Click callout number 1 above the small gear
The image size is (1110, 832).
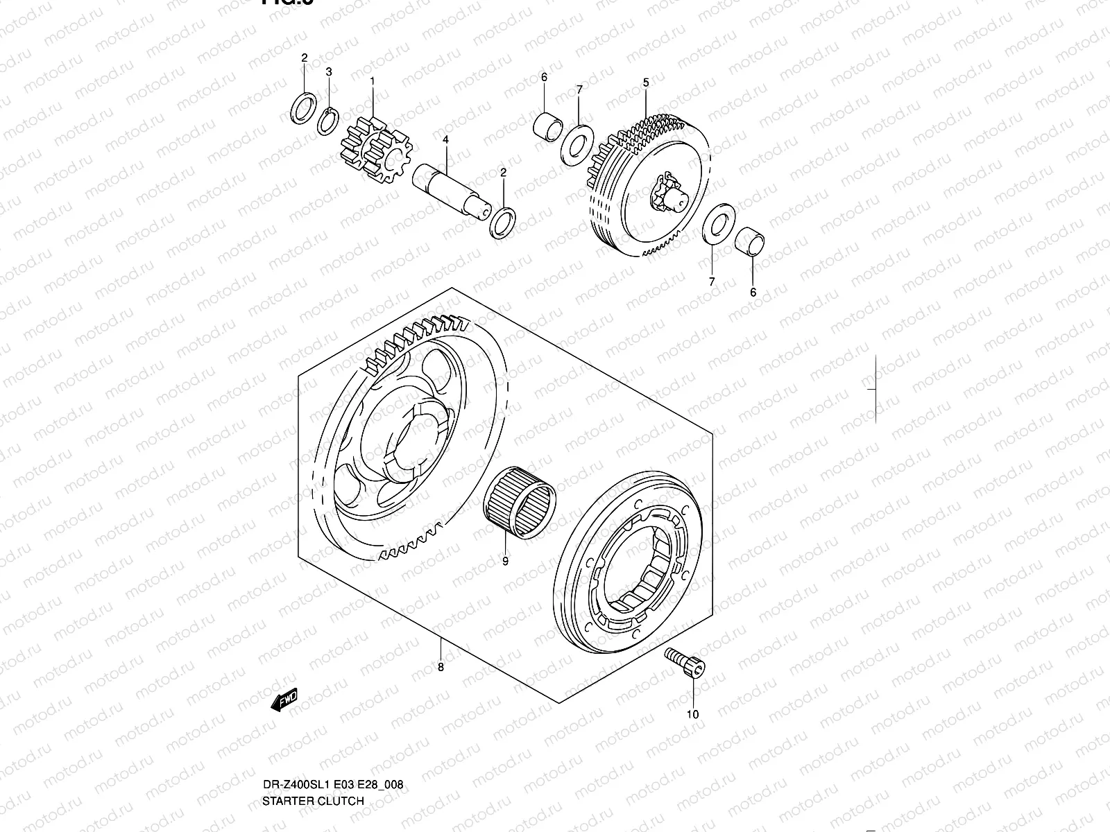click(x=372, y=81)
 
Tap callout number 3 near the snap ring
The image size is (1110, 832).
click(x=329, y=71)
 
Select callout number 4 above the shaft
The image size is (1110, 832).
click(x=445, y=139)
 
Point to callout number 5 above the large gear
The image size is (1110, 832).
click(x=645, y=82)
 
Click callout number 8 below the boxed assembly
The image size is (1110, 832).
click(x=441, y=667)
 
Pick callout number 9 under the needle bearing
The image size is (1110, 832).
click(x=505, y=562)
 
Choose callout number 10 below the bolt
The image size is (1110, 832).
click(x=692, y=714)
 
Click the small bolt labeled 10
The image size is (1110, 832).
click(x=685, y=661)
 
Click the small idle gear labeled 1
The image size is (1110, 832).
click(x=376, y=150)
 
